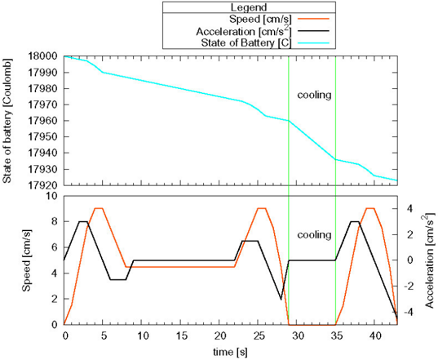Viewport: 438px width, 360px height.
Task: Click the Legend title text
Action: [x=249, y=7]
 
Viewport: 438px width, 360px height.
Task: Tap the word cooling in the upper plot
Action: [x=314, y=95]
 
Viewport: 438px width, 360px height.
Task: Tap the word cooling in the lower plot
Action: [x=314, y=235]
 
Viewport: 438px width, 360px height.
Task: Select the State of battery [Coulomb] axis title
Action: [x=7, y=121]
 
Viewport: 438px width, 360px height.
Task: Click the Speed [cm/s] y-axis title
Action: [x=27, y=260]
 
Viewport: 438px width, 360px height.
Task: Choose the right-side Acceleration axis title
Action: [x=429, y=260]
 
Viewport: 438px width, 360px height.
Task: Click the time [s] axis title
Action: [x=230, y=352]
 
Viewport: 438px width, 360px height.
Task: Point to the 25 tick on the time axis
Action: [x=259, y=336]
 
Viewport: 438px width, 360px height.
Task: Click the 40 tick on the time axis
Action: [x=375, y=336]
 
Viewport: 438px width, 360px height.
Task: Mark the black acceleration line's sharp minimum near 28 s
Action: [x=281, y=300]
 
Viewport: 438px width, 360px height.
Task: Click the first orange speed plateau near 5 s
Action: [x=99, y=208]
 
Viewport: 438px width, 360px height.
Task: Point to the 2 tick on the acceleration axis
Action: [x=409, y=235]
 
